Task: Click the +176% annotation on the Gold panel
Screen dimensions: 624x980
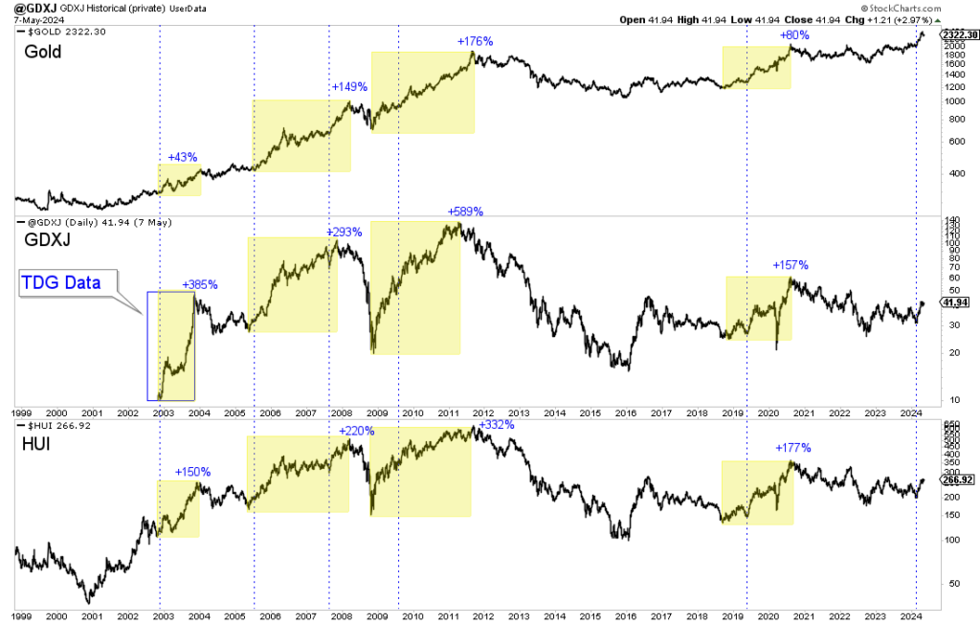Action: click(475, 41)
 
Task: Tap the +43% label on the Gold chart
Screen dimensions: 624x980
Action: click(183, 156)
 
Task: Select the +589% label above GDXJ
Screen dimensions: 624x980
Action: click(465, 212)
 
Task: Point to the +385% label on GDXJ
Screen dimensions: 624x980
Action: click(200, 284)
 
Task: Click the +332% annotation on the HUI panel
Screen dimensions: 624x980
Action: click(496, 424)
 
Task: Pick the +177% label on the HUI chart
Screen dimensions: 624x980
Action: click(792, 447)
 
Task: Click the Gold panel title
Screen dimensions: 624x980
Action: click(43, 52)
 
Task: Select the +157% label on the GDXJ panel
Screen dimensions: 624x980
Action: click(791, 265)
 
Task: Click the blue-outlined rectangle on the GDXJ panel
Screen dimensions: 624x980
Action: click(170, 345)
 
